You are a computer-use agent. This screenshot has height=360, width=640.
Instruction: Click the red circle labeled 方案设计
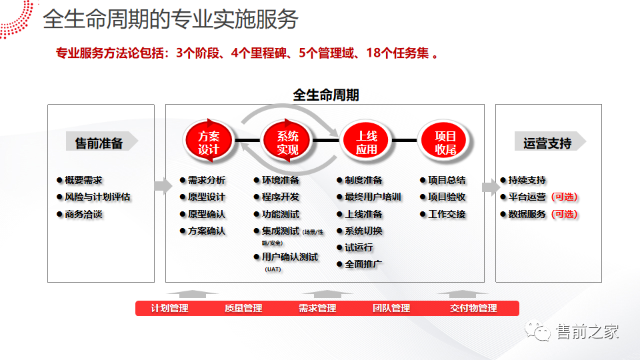coord(208,141)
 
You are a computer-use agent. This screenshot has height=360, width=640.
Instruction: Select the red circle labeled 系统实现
coord(287,141)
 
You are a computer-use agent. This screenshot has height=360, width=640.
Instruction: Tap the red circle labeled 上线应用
coord(366,141)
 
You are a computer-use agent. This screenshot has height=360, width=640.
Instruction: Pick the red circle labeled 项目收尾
coord(445,141)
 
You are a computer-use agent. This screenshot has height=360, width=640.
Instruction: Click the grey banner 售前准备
coord(100,142)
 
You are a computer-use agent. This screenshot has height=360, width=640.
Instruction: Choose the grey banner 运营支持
coord(549,142)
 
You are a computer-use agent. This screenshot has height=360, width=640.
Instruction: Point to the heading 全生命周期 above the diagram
coord(326,95)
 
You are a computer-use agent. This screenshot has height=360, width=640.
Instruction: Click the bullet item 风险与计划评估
coord(97,197)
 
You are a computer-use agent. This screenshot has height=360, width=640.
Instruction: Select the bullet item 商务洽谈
coord(84,215)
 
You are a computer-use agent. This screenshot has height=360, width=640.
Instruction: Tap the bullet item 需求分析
coord(207,180)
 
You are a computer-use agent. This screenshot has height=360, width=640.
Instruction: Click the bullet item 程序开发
coord(281,197)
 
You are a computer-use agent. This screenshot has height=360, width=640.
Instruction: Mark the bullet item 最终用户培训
coord(373,197)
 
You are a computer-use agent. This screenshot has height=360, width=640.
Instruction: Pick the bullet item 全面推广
coord(363,264)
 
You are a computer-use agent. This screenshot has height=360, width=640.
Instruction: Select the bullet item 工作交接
coord(447,215)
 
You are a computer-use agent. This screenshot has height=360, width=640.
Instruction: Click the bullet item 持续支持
coord(527,180)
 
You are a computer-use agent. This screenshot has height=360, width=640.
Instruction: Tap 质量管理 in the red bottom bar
coord(243,308)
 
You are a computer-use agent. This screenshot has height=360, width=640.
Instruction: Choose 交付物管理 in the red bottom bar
coord(473,308)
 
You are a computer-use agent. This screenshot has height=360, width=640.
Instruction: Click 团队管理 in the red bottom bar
coord(391,308)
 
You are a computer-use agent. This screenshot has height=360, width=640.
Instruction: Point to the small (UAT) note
coord(273,269)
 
